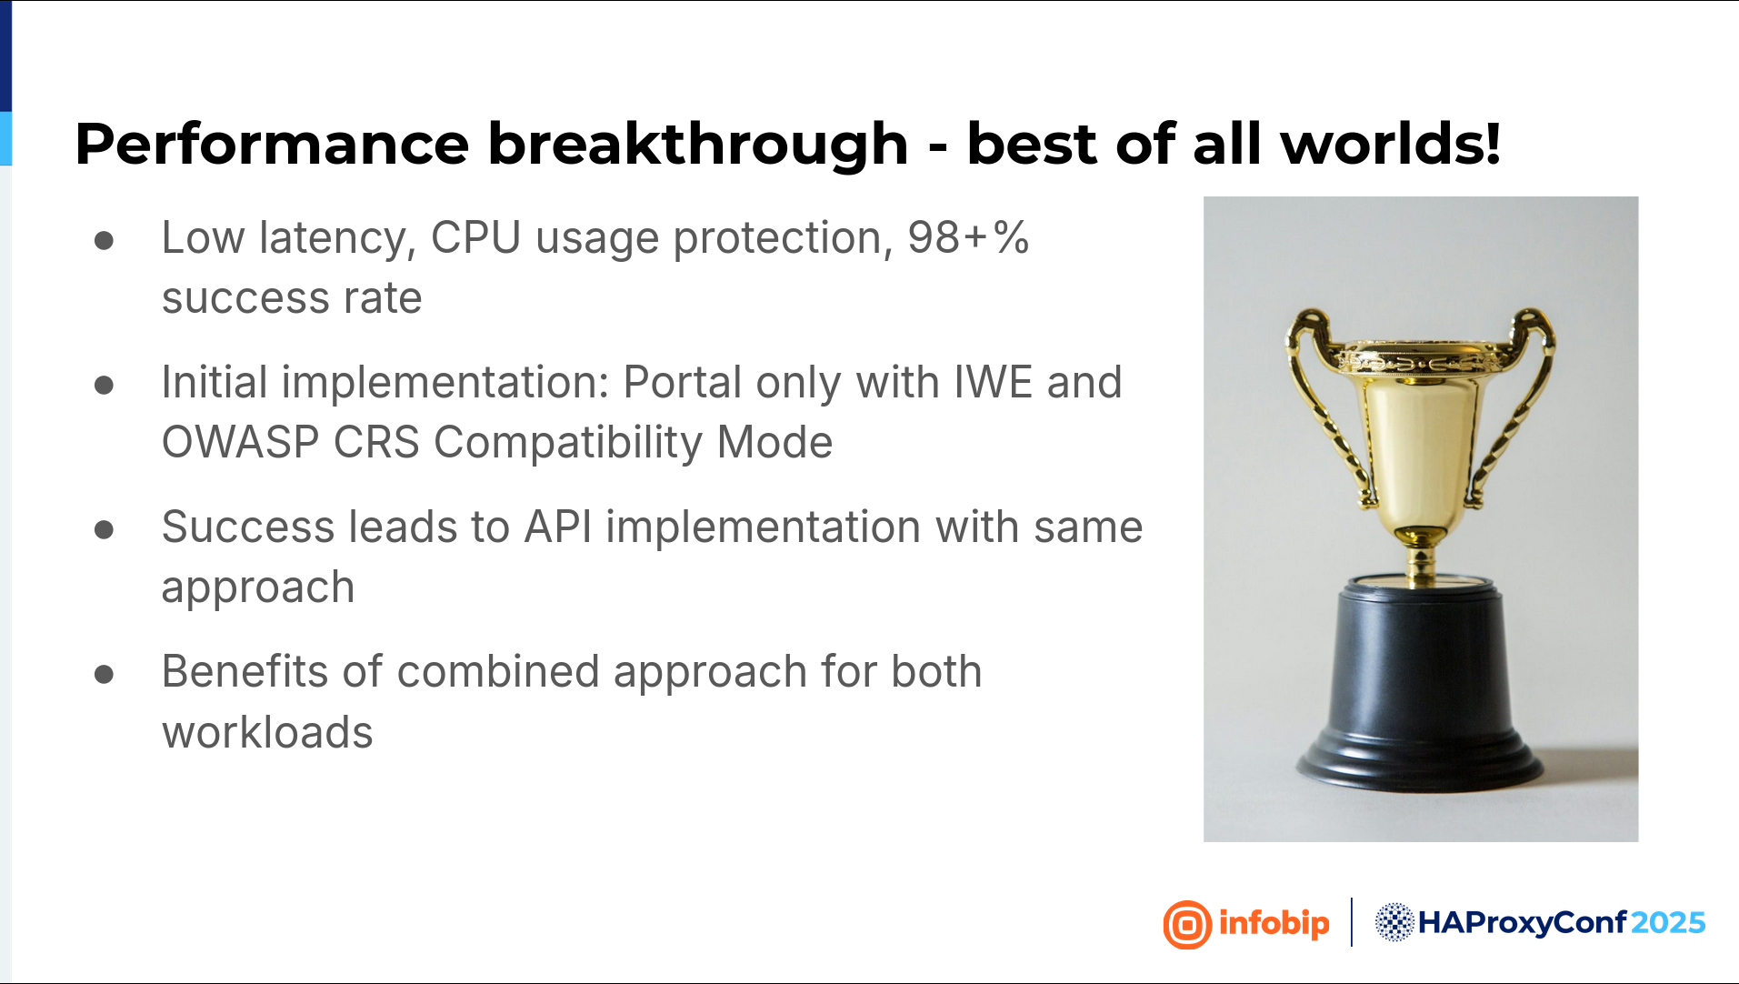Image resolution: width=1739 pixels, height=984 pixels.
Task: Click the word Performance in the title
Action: (272, 146)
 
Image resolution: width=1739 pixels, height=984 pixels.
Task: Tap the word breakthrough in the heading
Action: (698, 146)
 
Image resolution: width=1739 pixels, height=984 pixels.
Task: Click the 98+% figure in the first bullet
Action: (968, 238)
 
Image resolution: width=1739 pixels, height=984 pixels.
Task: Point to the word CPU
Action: (475, 238)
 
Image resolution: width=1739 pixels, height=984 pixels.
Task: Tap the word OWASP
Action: (240, 443)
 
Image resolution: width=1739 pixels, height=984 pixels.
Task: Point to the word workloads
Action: (267, 733)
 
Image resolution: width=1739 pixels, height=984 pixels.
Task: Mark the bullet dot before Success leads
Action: (104, 529)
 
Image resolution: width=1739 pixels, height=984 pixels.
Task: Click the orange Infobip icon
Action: (1187, 925)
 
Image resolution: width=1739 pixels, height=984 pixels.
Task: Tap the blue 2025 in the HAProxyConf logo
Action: (1667, 923)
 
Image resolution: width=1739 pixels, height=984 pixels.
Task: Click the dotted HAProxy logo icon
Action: (1394, 923)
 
